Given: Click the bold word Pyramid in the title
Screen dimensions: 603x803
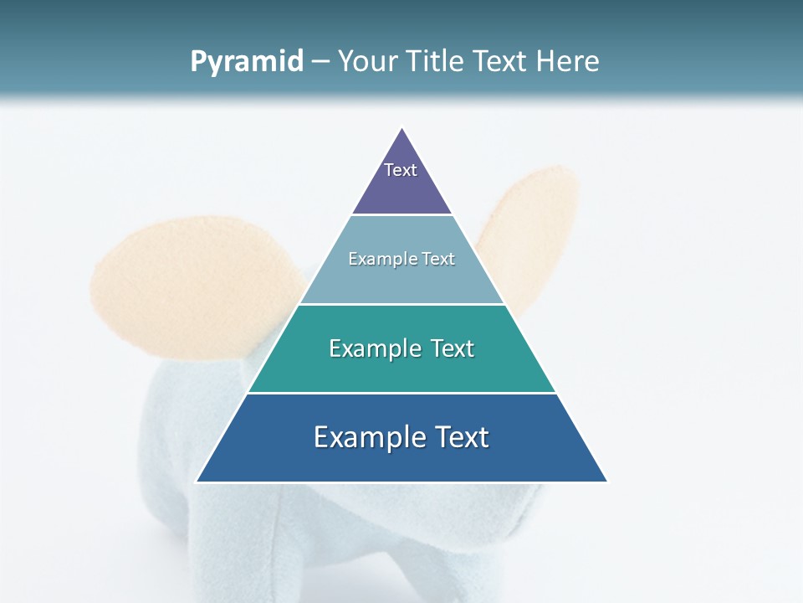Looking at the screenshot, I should (x=247, y=62).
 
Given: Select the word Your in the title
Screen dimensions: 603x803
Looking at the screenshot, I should (x=365, y=62).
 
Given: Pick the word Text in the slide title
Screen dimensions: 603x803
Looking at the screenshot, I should (x=499, y=62).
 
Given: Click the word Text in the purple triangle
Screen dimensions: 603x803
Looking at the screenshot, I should (x=401, y=170).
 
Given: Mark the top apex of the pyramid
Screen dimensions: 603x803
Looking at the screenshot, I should (x=402, y=129).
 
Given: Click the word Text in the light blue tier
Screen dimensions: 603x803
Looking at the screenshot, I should (x=438, y=259).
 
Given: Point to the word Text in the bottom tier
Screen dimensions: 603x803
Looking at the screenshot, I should (x=458, y=437).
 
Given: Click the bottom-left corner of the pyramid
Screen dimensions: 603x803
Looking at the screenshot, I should (x=197, y=482).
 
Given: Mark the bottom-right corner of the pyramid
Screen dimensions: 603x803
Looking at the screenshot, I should (x=606, y=482).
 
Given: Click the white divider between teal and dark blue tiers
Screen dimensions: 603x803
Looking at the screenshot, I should (x=401, y=393).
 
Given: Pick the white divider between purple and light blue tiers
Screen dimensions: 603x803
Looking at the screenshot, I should (x=401, y=215).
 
